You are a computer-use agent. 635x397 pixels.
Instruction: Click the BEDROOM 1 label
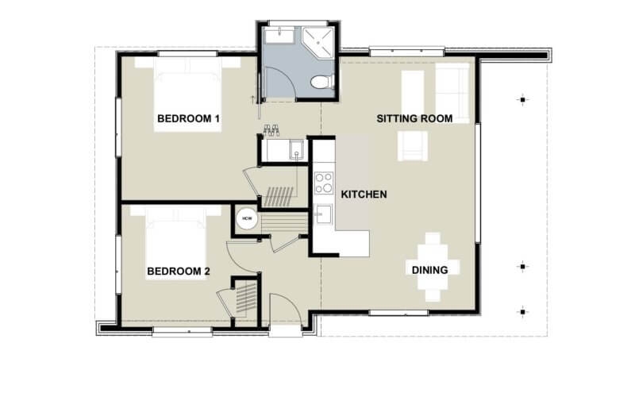[x=188, y=119]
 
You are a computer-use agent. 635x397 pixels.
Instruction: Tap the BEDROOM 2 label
[x=179, y=272]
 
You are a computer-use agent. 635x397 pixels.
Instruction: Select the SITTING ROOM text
[x=414, y=119]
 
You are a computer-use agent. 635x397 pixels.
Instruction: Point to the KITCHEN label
[x=364, y=194]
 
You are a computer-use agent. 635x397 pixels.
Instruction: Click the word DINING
[x=430, y=270]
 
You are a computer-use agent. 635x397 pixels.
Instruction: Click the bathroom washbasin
[x=275, y=37]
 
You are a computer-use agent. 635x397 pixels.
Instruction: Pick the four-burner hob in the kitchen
[x=324, y=183]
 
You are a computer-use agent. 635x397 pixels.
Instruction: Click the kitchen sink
[x=323, y=214]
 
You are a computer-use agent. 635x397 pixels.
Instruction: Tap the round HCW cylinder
[x=246, y=218]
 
